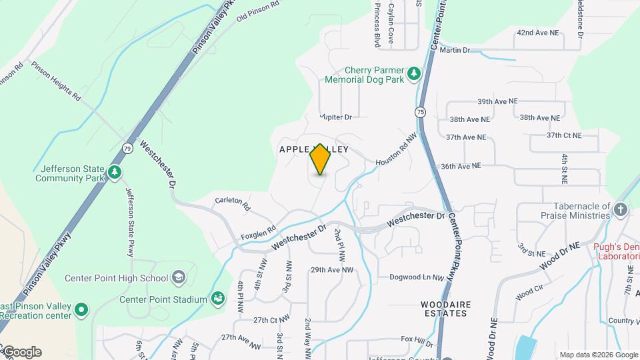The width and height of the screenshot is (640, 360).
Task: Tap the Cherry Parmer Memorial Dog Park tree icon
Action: [413, 73]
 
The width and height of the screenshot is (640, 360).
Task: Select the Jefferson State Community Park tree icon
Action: [115, 173]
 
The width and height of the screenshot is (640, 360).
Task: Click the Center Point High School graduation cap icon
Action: [178, 277]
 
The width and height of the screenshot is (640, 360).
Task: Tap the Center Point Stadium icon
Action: [217, 298]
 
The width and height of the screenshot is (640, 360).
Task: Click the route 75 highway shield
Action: [420, 111]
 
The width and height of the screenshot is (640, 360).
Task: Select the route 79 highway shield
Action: [127, 147]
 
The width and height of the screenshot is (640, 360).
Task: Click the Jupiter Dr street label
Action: [335, 117]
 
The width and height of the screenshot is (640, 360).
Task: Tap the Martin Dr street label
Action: [455, 50]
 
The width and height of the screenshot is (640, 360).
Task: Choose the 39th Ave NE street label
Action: [497, 101]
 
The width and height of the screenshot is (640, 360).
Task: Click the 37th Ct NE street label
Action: [564, 135]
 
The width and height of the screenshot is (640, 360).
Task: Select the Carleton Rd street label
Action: [233, 203]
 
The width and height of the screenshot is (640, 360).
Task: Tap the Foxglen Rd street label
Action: [257, 233]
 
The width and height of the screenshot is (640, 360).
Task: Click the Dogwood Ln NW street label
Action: [416, 277]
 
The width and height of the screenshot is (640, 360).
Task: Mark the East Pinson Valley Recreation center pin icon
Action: [81, 309]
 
